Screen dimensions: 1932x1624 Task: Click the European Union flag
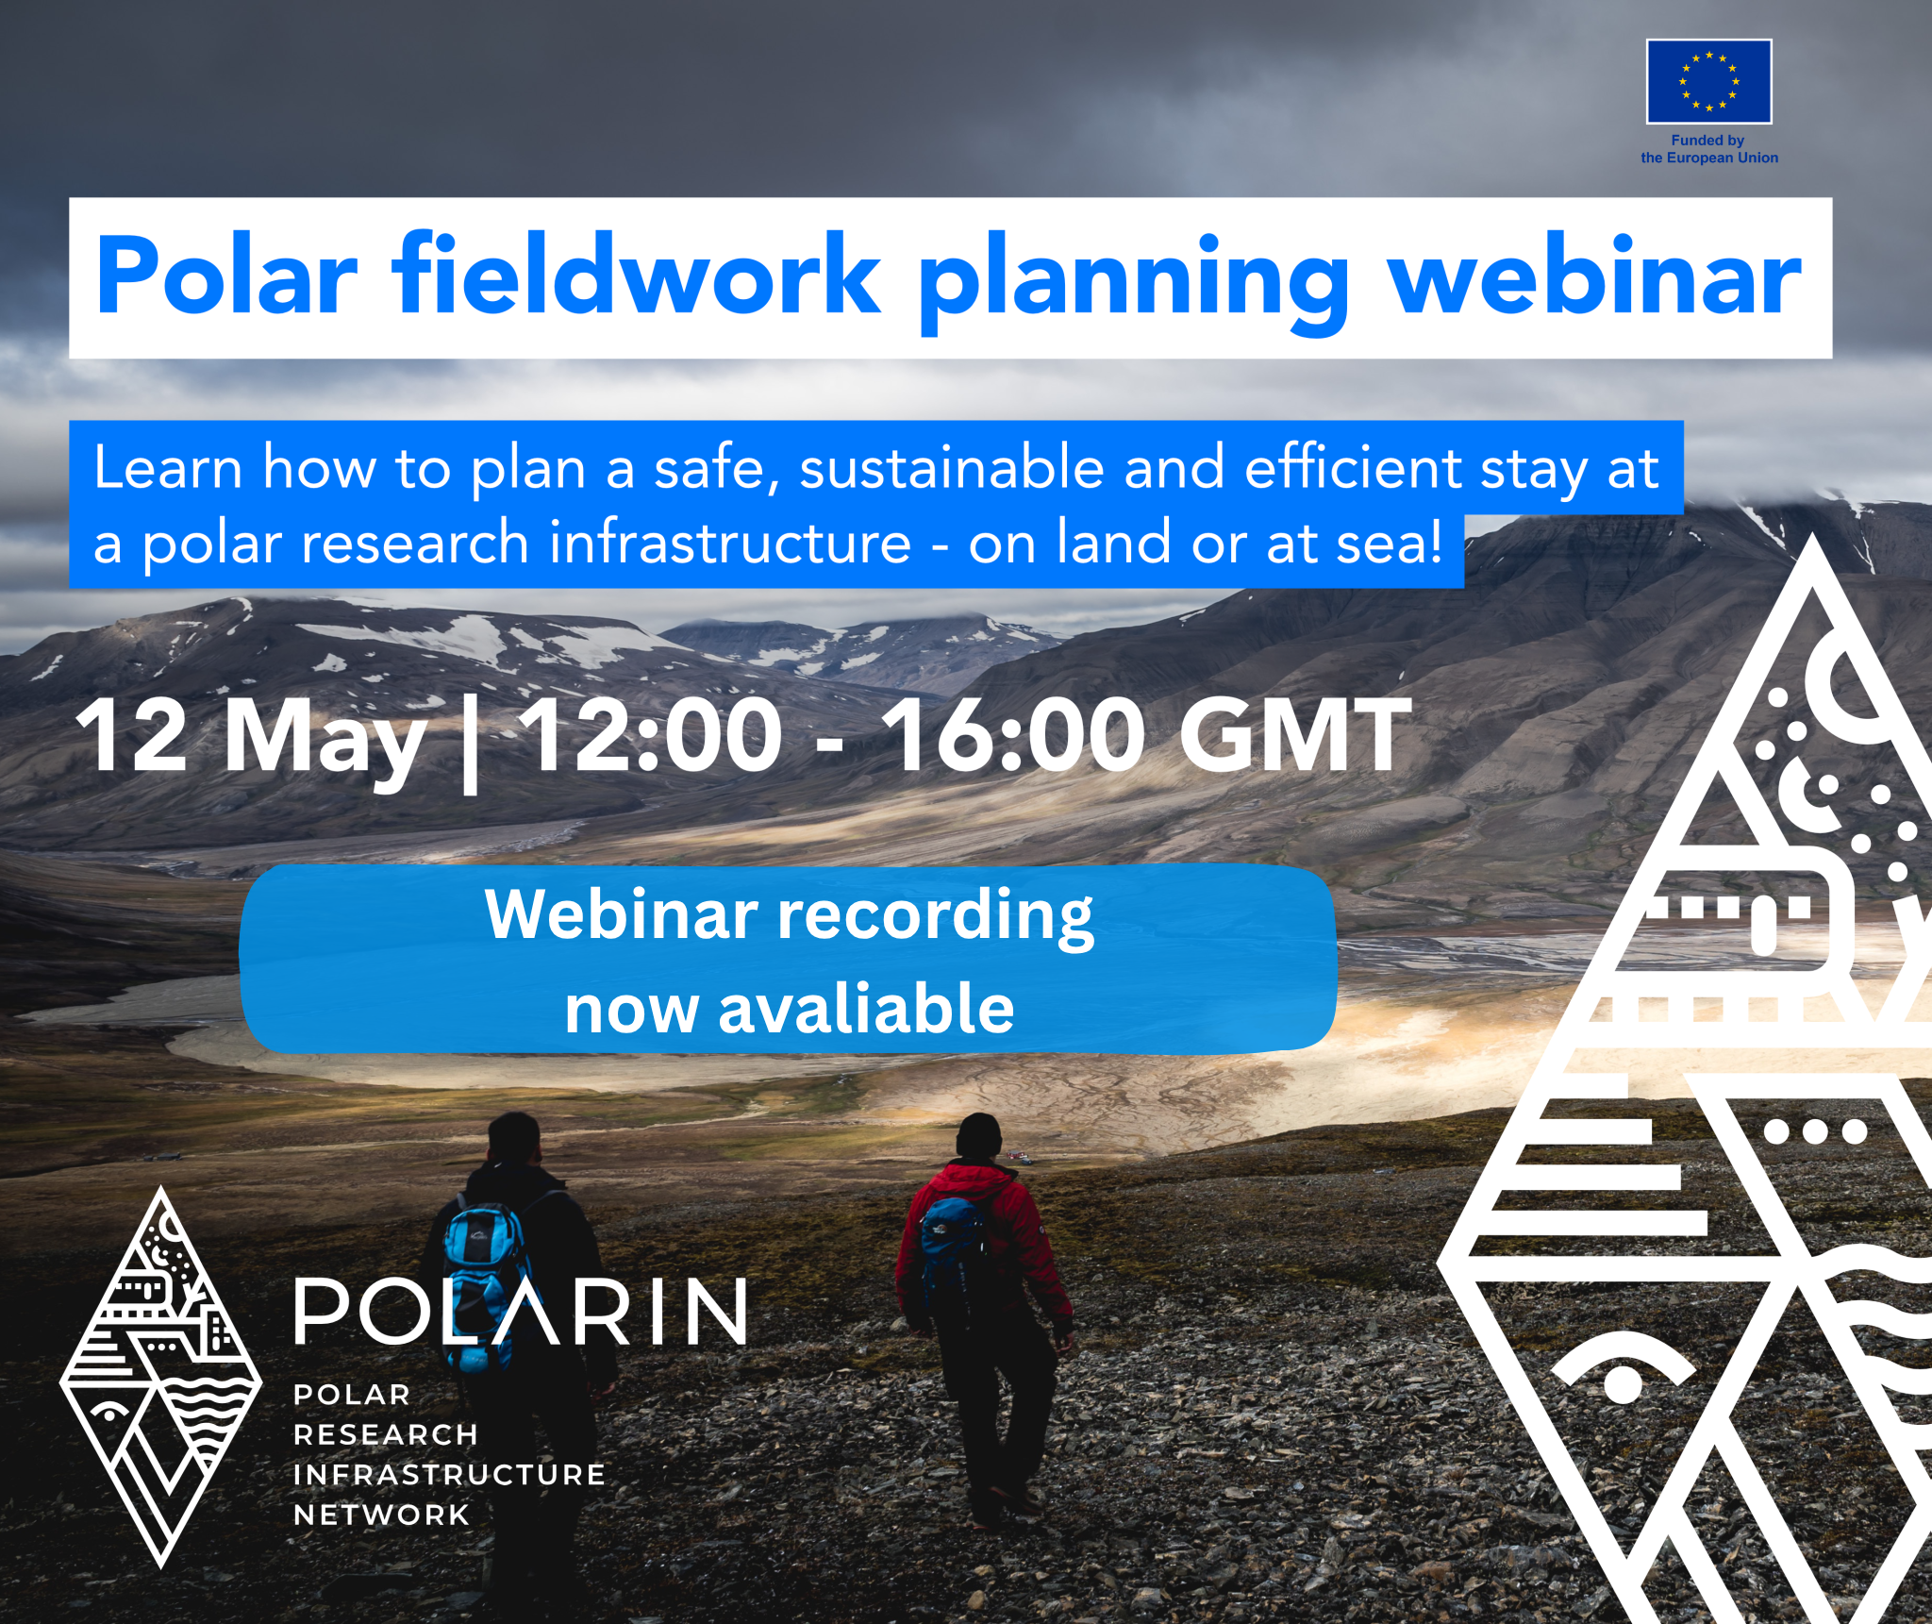(x=1708, y=81)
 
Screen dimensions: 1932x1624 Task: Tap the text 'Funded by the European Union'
(x=1708, y=149)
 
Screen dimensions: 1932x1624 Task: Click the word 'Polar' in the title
(x=226, y=276)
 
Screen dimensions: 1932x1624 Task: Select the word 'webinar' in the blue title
(x=1594, y=275)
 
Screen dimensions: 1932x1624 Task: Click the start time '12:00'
(x=650, y=734)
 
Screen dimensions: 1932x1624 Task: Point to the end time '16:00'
(x=1013, y=734)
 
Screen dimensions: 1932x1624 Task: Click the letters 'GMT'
(x=1294, y=734)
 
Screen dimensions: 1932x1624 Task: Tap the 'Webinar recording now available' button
(x=788, y=959)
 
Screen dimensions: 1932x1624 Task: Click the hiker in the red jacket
(x=984, y=1312)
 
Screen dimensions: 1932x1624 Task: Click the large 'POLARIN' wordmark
(x=522, y=1311)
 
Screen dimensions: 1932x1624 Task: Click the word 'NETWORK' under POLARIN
(x=381, y=1515)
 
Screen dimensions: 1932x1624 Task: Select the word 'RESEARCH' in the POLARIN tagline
(x=386, y=1434)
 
